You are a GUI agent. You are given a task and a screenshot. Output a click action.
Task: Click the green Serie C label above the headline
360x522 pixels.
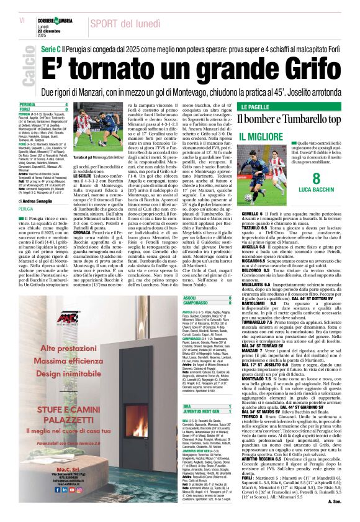pyautogui.click(x=51, y=47)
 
